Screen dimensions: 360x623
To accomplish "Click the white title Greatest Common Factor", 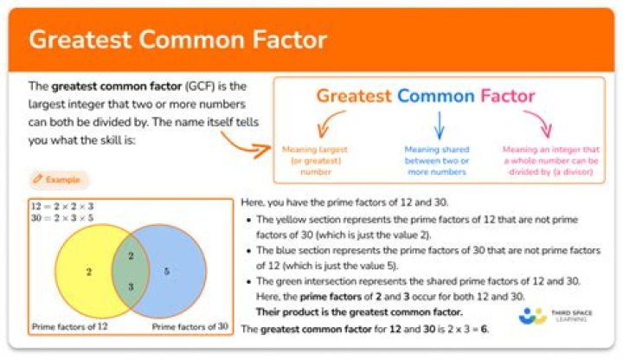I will (x=177, y=40).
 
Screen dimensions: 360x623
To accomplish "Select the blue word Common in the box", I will (x=438, y=95).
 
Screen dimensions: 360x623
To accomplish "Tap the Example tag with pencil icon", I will (x=59, y=180).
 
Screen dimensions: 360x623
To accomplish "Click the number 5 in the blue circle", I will (x=167, y=272).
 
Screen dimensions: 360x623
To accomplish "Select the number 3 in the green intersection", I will (x=131, y=286).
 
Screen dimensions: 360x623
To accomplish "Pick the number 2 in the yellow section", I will (x=88, y=272).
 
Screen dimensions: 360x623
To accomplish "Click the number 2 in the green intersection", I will (x=131, y=256).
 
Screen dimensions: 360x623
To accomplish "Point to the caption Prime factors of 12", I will (x=69, y=327).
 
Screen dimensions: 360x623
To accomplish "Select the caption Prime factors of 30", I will (x=190, y=327).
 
